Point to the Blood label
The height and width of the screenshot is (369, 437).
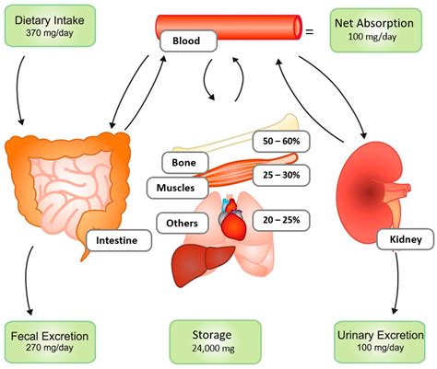pyautogui.click(x=189, y=41)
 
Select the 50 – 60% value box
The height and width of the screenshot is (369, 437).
pyautogui.click(x=280, y=142)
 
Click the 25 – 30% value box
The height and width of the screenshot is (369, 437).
pyautogui.click(x=280, y=175)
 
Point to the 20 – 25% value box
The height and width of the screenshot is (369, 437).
pyautogui.click(x=280, y=221)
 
